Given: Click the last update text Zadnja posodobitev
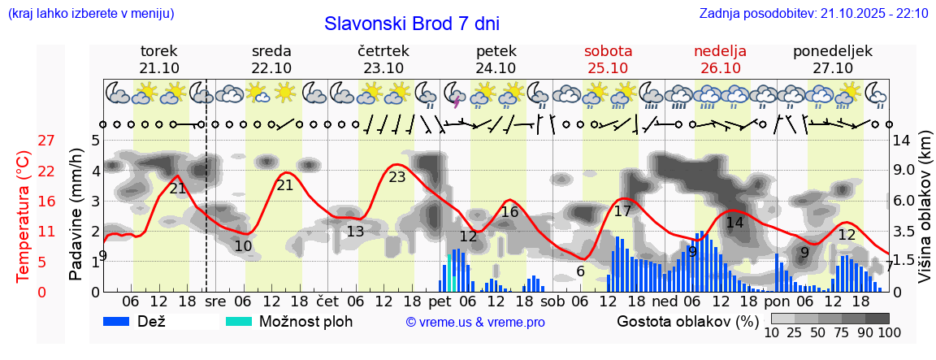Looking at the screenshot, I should click(813, 13).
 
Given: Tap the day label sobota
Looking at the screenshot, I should click(608, 51).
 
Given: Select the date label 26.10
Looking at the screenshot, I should click(720, 68).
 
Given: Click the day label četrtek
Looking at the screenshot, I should click(383, 51).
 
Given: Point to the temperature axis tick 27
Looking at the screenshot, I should click(46, 141).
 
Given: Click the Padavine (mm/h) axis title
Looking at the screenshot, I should click(76, 215).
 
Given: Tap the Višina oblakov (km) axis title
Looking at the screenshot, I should click(925, 215).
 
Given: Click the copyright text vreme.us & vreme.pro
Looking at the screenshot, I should click(475, 322).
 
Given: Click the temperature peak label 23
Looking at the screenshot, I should click(397, 176).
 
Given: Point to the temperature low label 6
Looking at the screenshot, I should click(580, 271).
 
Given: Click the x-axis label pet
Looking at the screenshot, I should click(440, 301).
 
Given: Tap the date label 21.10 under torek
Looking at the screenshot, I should click(159, 68).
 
